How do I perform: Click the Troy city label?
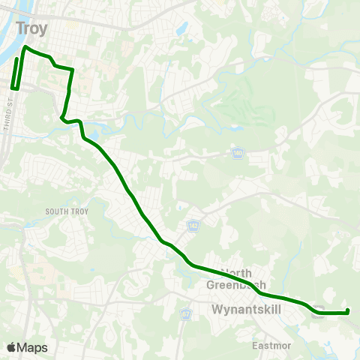point(31,28)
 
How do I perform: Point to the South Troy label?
point(67,211)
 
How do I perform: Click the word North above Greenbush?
point(236,273)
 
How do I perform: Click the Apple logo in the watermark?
point(10,347)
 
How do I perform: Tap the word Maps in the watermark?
point(32,347)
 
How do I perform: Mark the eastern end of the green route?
point(349,311)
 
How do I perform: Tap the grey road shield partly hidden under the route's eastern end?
point(318,313)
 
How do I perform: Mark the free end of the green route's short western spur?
point(17,58)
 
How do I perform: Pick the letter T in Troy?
point(20,28)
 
